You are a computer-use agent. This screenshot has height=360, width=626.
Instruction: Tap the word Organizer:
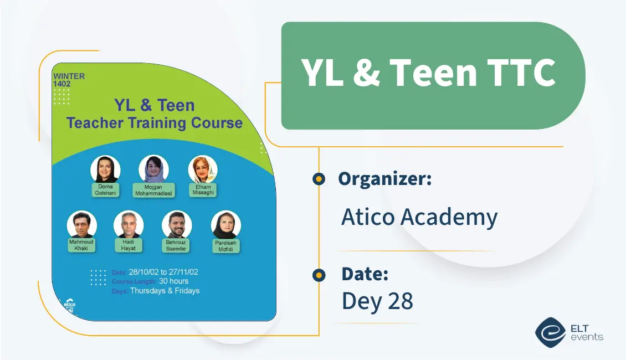pyautogui.click(x=384, y=179)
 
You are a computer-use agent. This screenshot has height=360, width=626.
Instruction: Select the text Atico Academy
pyautogui.click(x=419, y=217)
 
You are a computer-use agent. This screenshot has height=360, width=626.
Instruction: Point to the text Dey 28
pyautogui.click(x=377, y=301)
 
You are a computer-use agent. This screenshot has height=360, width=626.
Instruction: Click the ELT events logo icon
pyautogui.click(x=550, y=332)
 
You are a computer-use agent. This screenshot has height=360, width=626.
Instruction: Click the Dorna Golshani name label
pyautogui.click(x=105, y=191)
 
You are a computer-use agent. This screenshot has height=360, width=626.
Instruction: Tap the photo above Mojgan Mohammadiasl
pyautogui.click(x=153, y=168)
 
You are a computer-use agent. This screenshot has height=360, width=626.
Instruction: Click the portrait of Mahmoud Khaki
pyautogui.click(x=82, y=225)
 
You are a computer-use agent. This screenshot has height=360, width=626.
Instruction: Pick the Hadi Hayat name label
pyautogui.click(x=129, y=245)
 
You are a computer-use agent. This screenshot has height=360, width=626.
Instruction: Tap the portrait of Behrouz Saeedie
pyautogui.click(x=177, y=225)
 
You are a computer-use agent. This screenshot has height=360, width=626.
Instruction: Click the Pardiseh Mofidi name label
pyautogui.click(x=225, y=246)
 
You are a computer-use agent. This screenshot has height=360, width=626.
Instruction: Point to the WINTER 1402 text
pyautogui.click(x=68, y=80)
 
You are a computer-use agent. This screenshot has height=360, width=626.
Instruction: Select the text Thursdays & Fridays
pyautogui.click(x=165, y=291)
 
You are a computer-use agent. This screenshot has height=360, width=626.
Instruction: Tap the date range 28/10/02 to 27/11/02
pyautogui.click(x=163, y=272)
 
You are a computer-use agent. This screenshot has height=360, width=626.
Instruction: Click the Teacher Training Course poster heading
pyautogui.click(x=155, y=122)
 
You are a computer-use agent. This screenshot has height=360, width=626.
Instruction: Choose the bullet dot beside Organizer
pyautogui.click(x=319, y=179)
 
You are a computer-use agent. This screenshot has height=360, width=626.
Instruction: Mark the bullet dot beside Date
pyautogui.click(x=319, y=275)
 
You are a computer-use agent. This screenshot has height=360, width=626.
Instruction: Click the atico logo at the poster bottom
pyautogui.click(x=69, y=306)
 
